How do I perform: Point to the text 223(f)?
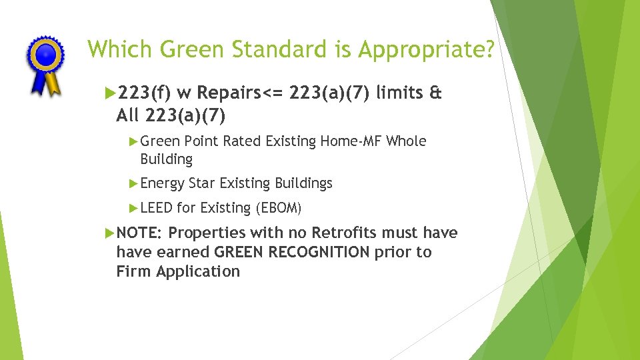click(142, 94)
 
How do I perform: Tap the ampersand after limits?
click(436, 94)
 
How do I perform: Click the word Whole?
click(406, 141)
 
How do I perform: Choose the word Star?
click(202, 183)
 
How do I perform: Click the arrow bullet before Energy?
click(133, 183)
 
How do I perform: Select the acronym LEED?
click(157, 209)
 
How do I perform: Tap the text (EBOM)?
click(279, 209)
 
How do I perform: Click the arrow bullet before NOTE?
click(110, 233)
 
